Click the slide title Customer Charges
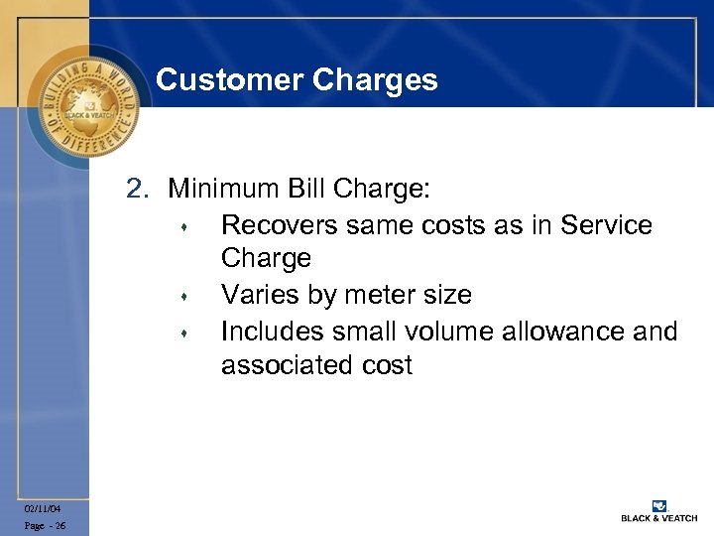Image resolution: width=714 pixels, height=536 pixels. click(297, 79)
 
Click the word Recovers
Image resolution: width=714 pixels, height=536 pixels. click(280, 225)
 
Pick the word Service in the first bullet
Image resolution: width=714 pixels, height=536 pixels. click(606, 225)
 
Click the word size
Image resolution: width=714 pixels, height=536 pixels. click(445, 295)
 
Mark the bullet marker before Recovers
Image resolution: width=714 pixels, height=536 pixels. click(184, 227)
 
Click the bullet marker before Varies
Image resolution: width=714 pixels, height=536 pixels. click(184, 297)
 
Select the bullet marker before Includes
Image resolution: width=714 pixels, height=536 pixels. click(184, 333)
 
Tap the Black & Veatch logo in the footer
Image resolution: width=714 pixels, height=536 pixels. click(658, 510)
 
